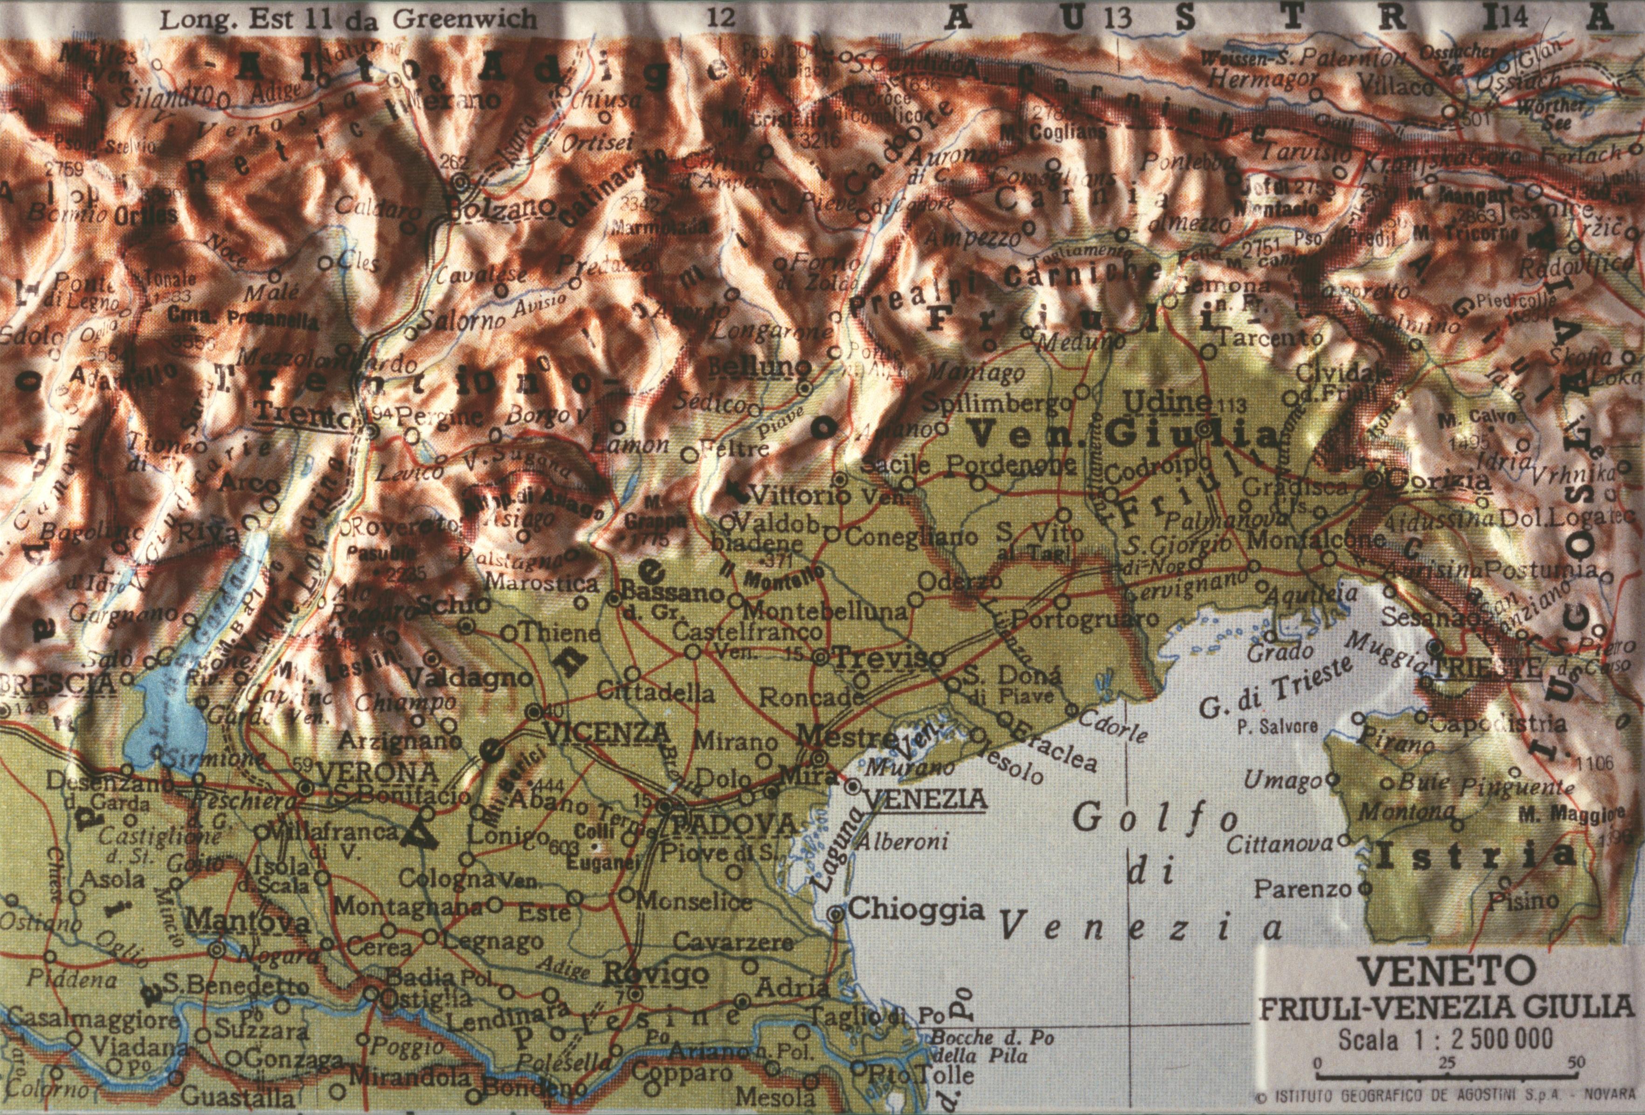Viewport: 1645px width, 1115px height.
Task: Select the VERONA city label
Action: coord(368,771)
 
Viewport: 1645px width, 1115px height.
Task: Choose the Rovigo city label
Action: coord(656,974)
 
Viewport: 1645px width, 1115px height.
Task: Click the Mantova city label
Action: coord(249,922)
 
